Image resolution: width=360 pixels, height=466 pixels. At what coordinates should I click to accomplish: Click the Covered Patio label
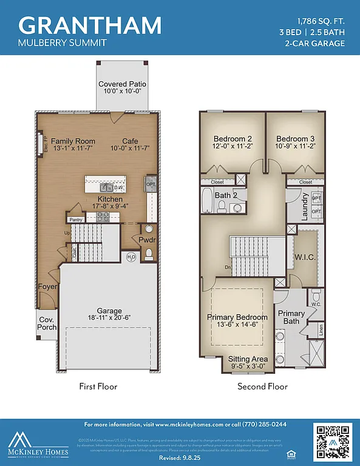click(x=123, y=84)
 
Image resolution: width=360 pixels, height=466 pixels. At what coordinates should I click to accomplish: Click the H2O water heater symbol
click(x=131, y=257)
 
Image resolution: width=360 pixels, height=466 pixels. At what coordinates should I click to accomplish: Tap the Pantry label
click(x=76, y=220)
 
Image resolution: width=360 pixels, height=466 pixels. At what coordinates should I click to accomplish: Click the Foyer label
click(x=48, y=286)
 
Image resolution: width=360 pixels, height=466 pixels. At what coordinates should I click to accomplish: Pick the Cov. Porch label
click(x=47, y=323)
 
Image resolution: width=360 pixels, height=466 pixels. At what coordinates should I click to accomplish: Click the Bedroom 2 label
click(x=229, y=138)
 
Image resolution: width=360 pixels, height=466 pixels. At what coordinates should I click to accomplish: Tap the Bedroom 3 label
click(x=294, y=138)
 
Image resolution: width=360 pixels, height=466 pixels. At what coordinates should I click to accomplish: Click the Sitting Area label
click(x=247, y=359)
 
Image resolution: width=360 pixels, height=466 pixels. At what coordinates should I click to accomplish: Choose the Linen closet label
click(x=321, y=329)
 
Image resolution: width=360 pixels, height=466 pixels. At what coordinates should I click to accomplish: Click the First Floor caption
click(x=98, y=386)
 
